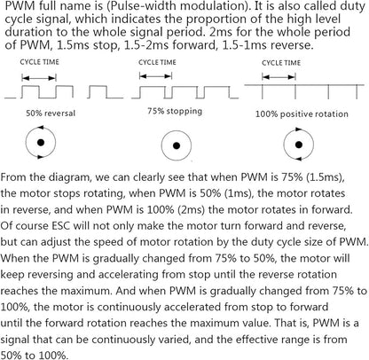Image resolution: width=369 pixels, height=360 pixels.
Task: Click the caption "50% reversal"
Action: (x=51, y=113)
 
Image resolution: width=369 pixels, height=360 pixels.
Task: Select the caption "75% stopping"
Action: (x=175, y=111)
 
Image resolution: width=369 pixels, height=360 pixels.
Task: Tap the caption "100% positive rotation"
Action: (x=302, y=114)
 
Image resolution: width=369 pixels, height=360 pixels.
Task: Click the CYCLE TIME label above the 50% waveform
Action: (x=40, y=62)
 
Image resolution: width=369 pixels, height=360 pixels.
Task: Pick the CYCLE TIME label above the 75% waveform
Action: (x=157, y=62)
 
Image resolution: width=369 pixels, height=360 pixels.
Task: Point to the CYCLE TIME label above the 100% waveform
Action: (x=281, y=63)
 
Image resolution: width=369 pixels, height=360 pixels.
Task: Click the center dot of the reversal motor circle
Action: (x=41, y=143)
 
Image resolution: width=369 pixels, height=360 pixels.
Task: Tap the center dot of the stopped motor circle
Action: (x=177, y=145)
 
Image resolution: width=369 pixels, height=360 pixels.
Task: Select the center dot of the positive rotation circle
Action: (x=299, y=145)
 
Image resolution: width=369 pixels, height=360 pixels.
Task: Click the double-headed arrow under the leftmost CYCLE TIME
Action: (x=39, y=78)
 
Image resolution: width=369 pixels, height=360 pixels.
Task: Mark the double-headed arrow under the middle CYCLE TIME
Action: (x=155, y=76)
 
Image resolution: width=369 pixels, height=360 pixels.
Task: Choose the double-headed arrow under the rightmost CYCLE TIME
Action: (x=279, y=77)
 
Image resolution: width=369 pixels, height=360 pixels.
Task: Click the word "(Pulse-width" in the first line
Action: (x=132, y=6)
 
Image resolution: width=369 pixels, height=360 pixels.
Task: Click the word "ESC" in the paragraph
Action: (x=61, y=226)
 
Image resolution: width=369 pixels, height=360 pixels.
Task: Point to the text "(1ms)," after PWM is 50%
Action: (x=239, y=193)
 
